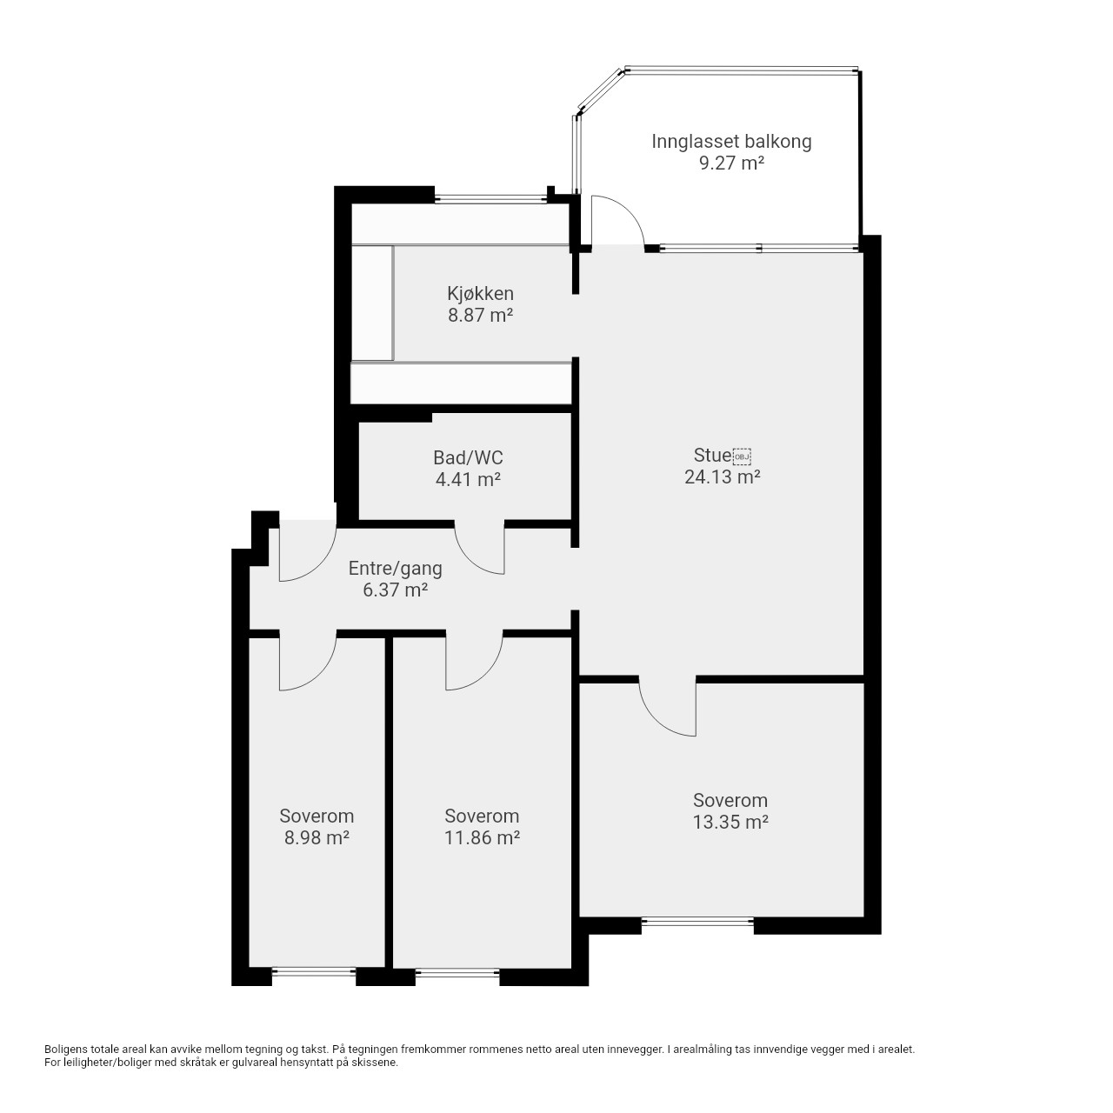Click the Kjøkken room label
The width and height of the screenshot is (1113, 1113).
point(480,293)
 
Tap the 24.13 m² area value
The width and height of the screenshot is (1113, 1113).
point(722,477)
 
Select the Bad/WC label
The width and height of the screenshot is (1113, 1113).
point(468,458)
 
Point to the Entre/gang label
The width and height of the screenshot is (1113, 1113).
point(395,569)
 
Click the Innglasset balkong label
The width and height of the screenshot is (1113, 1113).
point(731,142)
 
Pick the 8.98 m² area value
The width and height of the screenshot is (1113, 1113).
point(317,837)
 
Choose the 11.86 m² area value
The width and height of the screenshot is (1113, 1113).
point(482,837)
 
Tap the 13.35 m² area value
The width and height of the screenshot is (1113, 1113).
point(730,822)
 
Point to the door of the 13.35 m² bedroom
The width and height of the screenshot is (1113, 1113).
point(656,718)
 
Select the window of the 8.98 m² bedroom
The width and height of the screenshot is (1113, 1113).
point(314,973)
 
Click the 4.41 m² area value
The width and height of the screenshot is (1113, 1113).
point(468,479)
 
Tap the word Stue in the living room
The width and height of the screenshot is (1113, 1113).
point(712,455)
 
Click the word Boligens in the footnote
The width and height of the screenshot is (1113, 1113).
point(66,1050)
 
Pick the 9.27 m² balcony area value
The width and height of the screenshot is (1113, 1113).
point(732,163)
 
